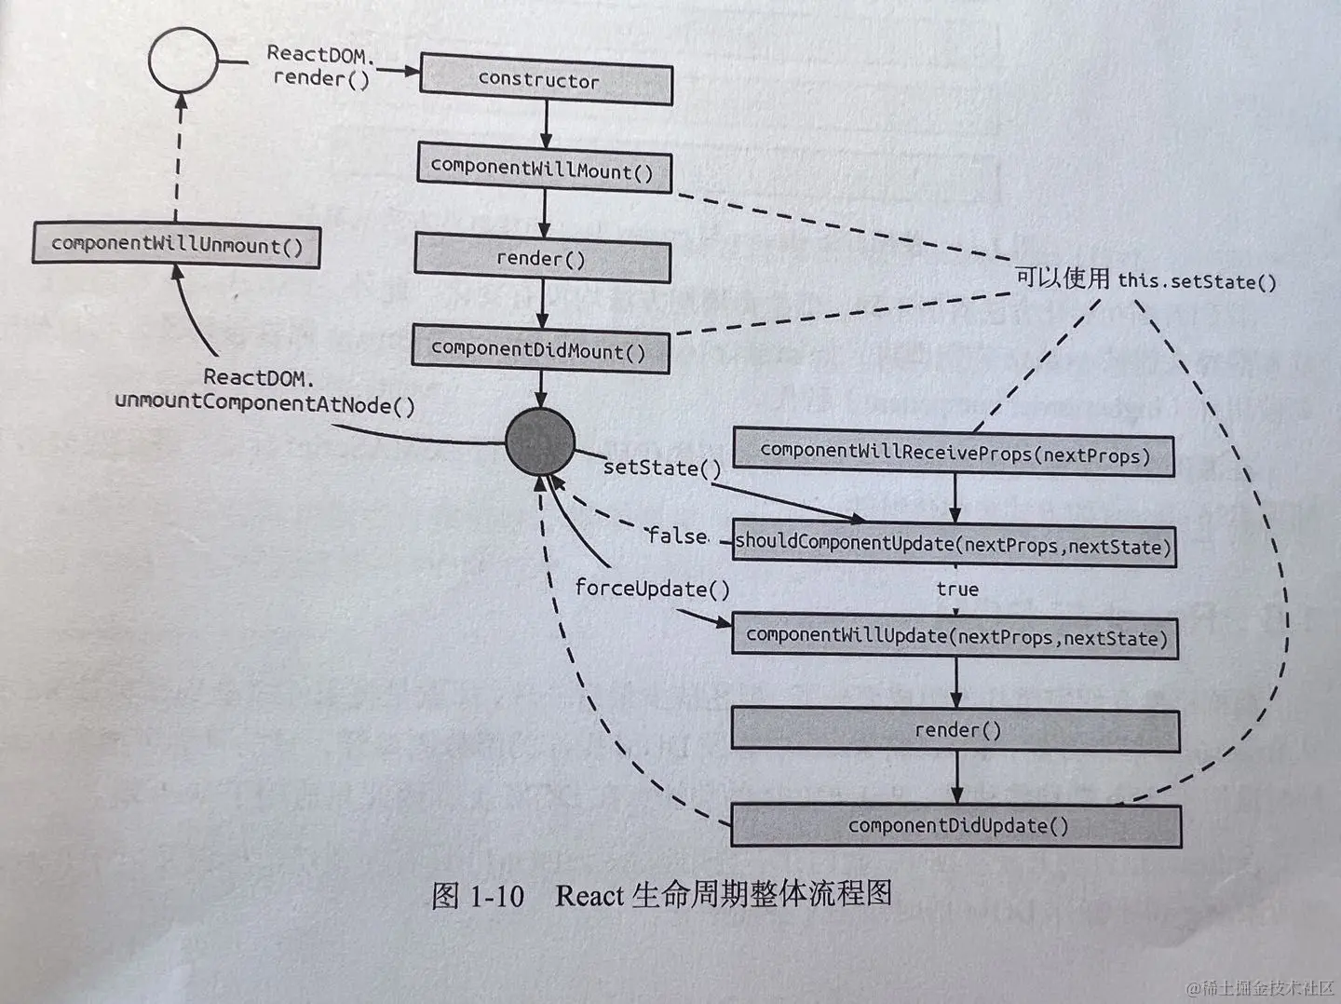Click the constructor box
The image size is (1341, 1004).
click(x=546, y=80)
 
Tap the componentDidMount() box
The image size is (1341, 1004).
click(x=540, y=349)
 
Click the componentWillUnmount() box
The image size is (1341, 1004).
click(x=177, y=245)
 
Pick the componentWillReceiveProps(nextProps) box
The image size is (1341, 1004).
click(x=954, y=454)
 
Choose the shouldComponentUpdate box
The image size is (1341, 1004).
click(x=954, y=544)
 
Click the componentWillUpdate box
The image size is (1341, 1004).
click(x=955, y=637)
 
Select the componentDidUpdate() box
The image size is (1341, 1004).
click(x=956, y=825)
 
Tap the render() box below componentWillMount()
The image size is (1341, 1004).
click(x=542, y=258)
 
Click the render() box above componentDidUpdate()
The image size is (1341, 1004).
click(x=956, y=730)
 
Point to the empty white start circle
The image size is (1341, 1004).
click(x=183, y=61)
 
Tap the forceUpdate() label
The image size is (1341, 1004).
click(x=652, y=589)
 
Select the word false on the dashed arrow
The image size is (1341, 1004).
click(x=677, y=536)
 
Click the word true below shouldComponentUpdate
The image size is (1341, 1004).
click(x=957, y=589)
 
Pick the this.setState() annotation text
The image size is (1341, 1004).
click(x=1197, y=280)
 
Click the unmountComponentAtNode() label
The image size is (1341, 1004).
click(x=265, y=404)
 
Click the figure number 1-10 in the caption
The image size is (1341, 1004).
click(x=496, y=896)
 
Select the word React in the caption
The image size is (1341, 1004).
click(x=589, y=896)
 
